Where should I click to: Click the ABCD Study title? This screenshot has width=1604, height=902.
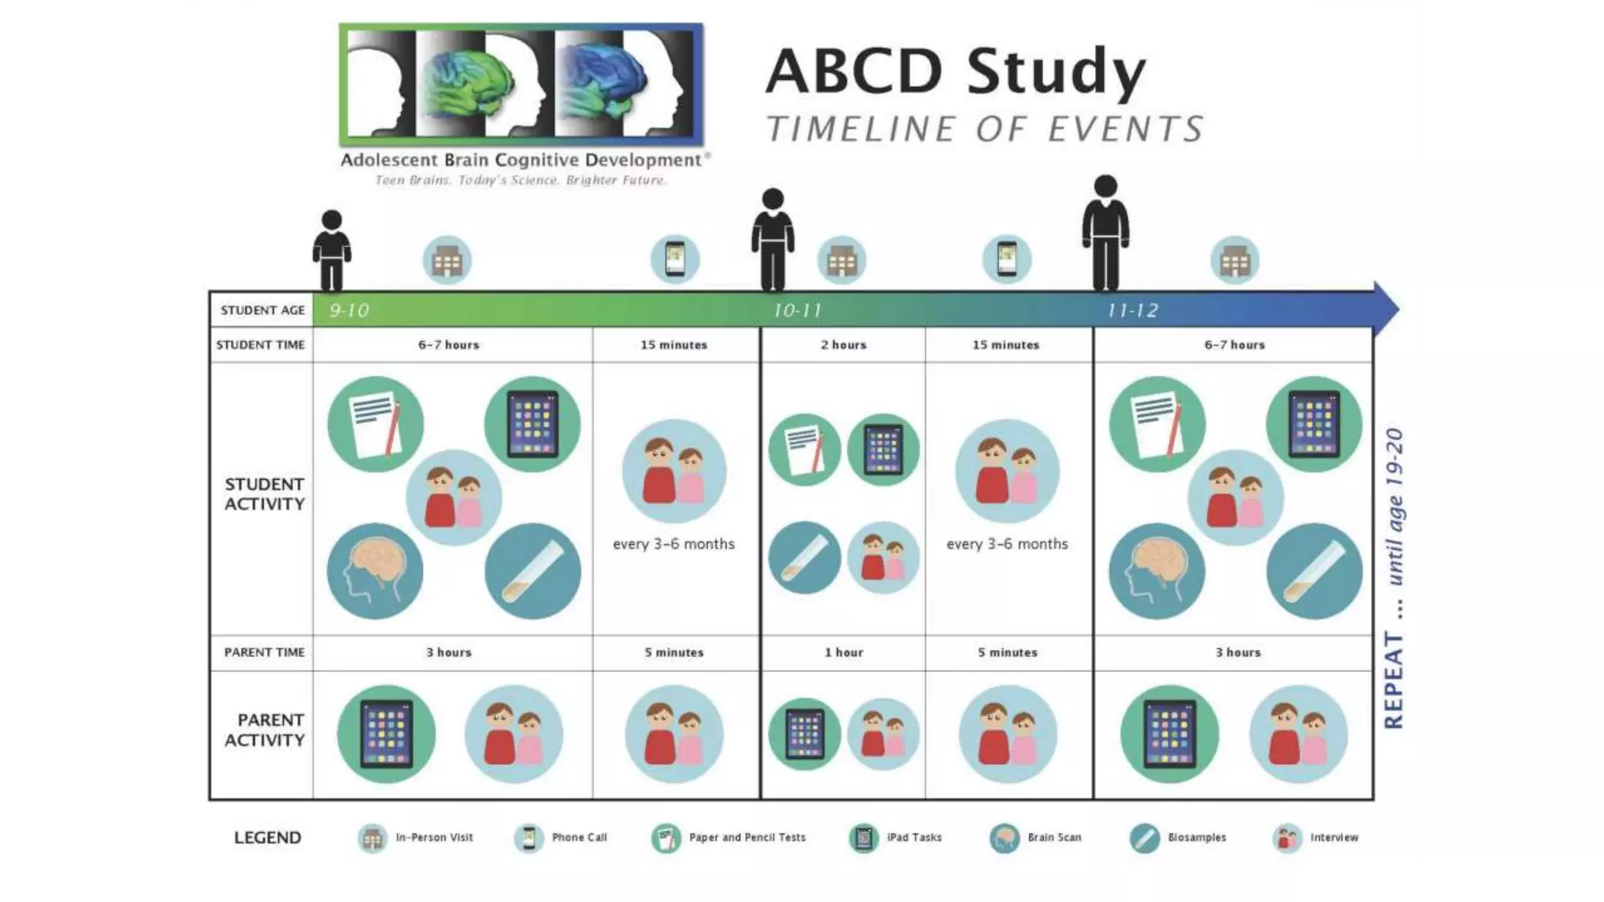click(x=956, y=72)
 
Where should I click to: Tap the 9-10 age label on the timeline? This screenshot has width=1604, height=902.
click(x=349, y=311)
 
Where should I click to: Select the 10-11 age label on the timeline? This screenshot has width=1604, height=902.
click(x=797, y=311)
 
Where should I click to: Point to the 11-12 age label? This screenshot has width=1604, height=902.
click(x=1132, y=311)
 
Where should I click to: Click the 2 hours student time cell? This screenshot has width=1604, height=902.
click(x=844, y=345)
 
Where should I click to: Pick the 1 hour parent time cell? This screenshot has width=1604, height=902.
click(x=844, y=652)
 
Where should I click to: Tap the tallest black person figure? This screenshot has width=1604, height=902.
click(x=1105, y=233)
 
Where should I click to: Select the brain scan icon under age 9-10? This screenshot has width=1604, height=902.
click(x=375, y=571)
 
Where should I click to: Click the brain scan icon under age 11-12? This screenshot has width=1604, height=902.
click(x=1157, y=571)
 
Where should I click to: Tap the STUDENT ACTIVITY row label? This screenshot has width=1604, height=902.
click(x=264, y=494)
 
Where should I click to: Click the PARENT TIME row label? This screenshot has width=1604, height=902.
click(x=264, y=652)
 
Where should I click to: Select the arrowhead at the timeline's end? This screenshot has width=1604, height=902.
click(x=1386, y=309)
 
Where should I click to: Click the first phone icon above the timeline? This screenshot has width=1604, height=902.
click(x=675, y=259)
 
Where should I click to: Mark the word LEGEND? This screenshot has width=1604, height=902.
click(x=268, y=838)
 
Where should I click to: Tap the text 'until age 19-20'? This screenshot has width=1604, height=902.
click(x=1394, y=507)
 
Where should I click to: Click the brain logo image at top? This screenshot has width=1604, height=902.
click(x=521, y=85)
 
